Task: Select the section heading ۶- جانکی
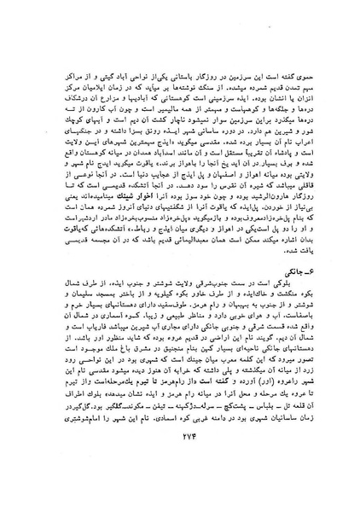point(299,289)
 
